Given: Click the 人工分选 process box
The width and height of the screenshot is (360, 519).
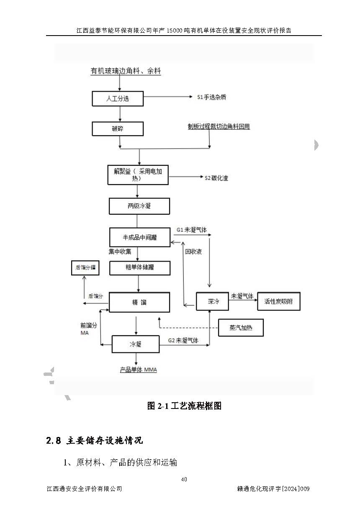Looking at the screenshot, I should [118, 99].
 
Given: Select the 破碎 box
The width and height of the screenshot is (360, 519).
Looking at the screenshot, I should [118, 129].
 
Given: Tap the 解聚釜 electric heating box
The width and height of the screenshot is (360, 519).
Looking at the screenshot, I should [138, 175].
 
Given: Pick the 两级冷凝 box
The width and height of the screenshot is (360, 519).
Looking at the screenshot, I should [139, 206].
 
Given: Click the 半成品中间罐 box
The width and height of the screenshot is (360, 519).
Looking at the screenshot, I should [139, 237].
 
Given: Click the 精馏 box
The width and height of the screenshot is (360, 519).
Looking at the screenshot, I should [139, 302].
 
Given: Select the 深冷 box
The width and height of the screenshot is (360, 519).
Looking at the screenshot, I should [213, 301].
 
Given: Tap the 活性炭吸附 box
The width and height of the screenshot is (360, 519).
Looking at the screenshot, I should [278, 301].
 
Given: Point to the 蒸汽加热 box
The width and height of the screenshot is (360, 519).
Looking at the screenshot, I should [241, 328].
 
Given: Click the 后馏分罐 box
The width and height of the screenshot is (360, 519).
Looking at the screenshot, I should [85, 267].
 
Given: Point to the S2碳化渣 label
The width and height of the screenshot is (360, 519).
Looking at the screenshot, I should [216, 178].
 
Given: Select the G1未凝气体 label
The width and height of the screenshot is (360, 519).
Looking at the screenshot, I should [191, 230].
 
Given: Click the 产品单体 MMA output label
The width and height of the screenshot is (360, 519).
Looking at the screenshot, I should [139, 370].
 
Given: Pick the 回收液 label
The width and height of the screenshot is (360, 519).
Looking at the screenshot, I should [193, 252].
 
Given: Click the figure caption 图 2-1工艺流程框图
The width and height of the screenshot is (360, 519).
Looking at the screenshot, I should [184, 406].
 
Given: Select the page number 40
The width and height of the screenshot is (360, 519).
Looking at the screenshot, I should [184, 479].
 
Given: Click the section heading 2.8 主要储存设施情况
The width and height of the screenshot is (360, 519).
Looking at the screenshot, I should [95, 440].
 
